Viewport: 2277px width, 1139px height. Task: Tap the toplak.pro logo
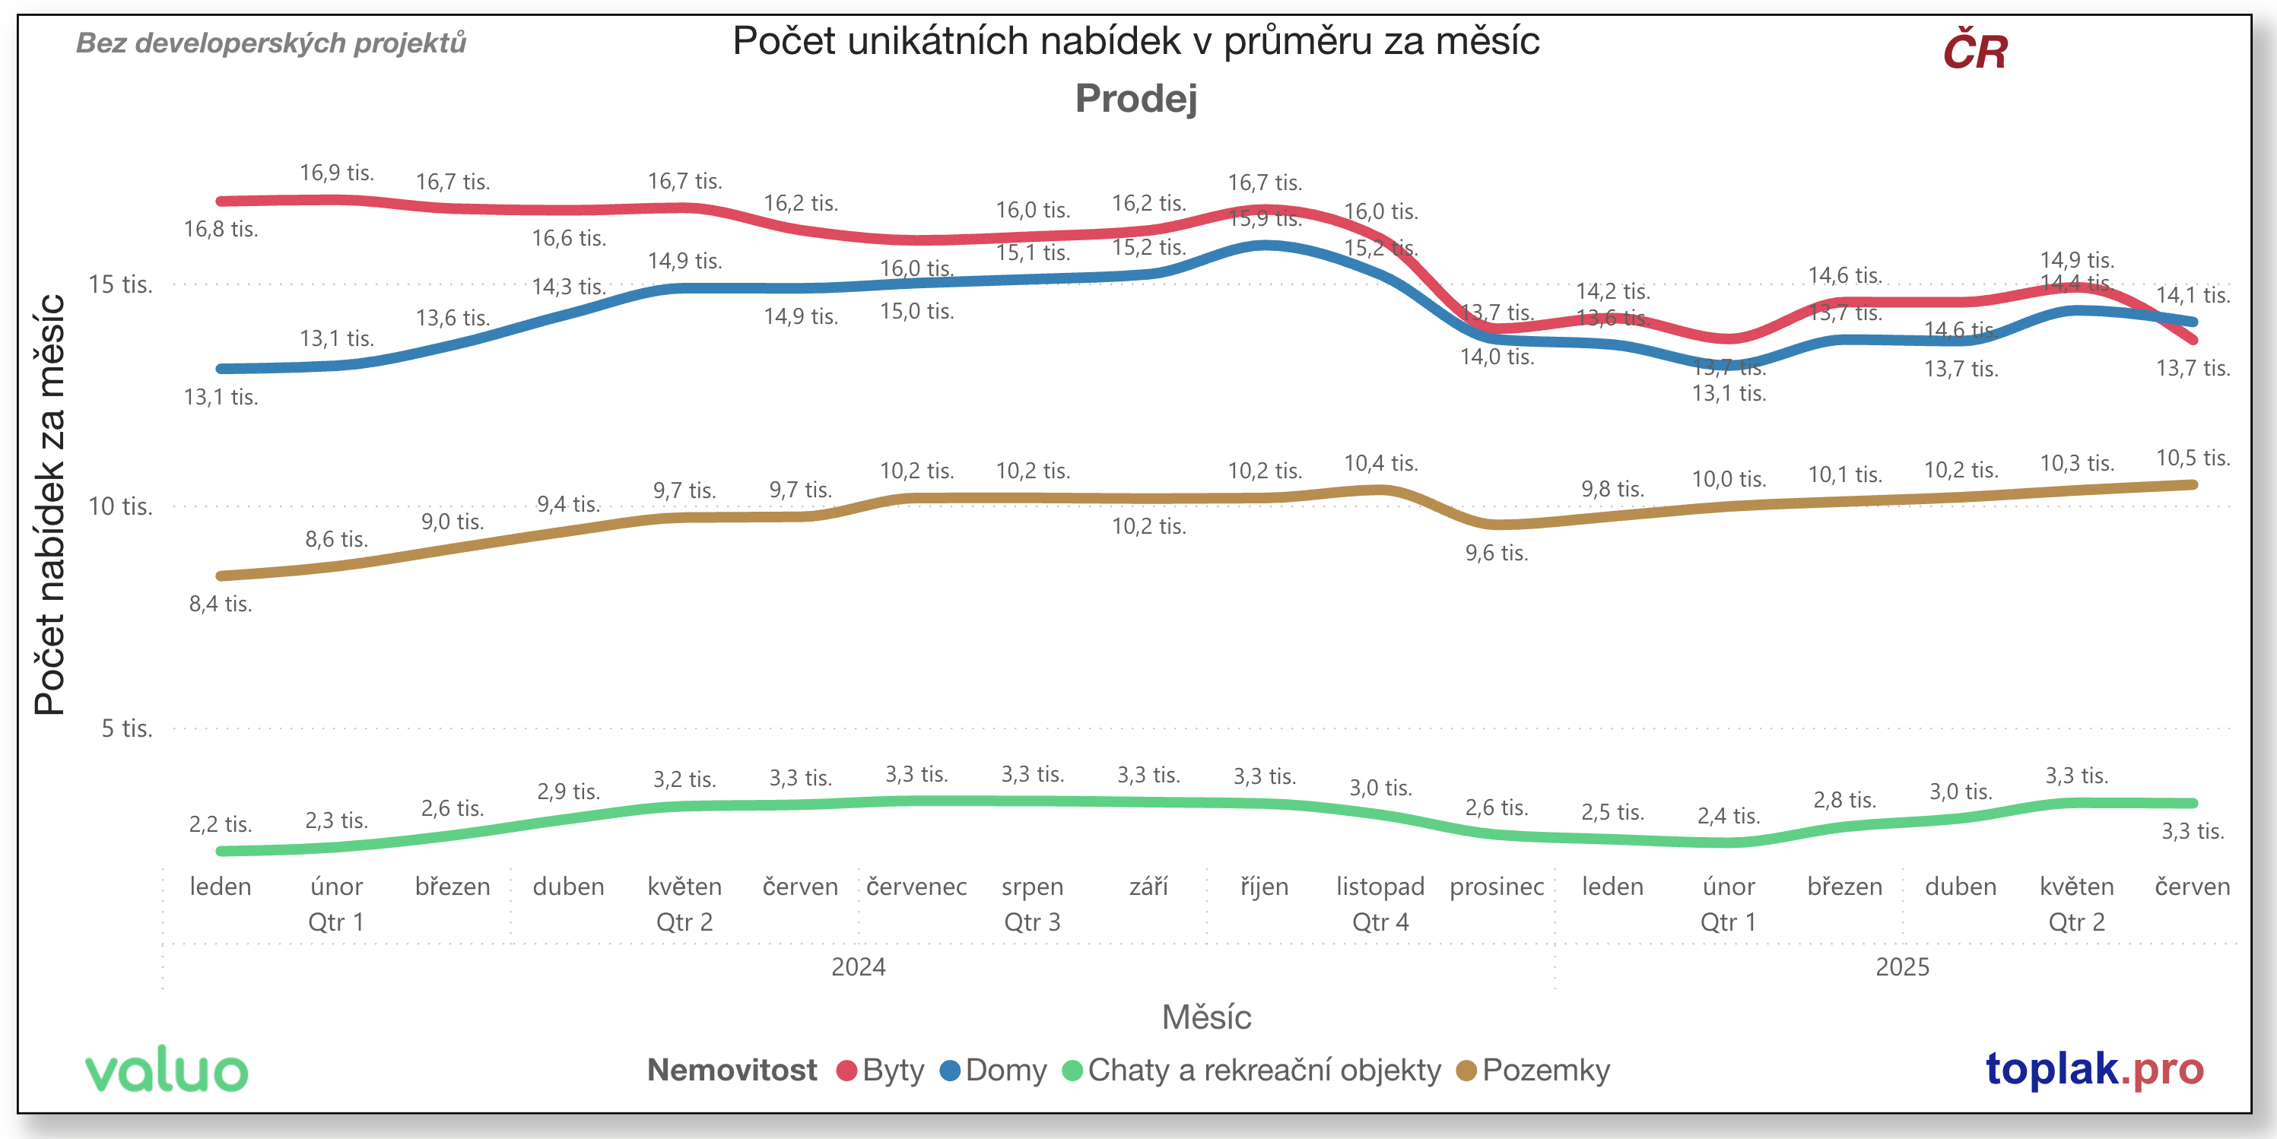(x=2094, y=1068)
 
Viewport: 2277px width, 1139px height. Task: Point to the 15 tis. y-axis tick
(x=120, y=284)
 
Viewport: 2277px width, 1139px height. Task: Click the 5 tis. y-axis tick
(x=126, y=728)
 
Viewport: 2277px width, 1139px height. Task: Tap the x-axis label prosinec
(x=1497, y=887)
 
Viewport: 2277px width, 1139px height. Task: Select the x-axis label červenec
(x=916, y=887)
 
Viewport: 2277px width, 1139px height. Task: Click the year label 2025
(x=1902, y=966)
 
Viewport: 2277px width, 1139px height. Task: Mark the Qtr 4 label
(x=1380, y=922)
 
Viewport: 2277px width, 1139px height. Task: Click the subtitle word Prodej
(x=1136, y=98)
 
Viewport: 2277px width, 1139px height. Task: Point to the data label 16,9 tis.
(x=337, y=173)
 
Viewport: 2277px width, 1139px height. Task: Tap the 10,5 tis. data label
(x=2193, y=458)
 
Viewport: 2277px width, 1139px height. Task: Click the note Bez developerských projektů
(x=272, y=43)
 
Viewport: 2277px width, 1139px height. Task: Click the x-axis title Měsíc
(x=1206, y=1017)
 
